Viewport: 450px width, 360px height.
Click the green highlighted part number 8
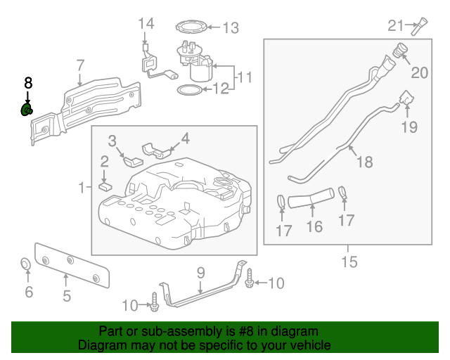click(x=27, y=110)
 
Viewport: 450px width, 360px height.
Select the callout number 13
click(x=231, y=28)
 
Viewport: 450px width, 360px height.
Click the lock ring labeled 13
click(x=191, y=27)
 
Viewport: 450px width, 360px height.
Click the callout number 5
click(x=67, y=296)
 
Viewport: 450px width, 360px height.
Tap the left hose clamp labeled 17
click(x=281, y=200)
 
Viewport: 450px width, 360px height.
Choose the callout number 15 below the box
click(x=349, y=262)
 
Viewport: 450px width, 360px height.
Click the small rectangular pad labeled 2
click(x=105, y=186)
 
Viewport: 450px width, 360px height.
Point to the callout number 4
click(x=186, y=139)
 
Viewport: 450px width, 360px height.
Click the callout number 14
click(x=146, y=24)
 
